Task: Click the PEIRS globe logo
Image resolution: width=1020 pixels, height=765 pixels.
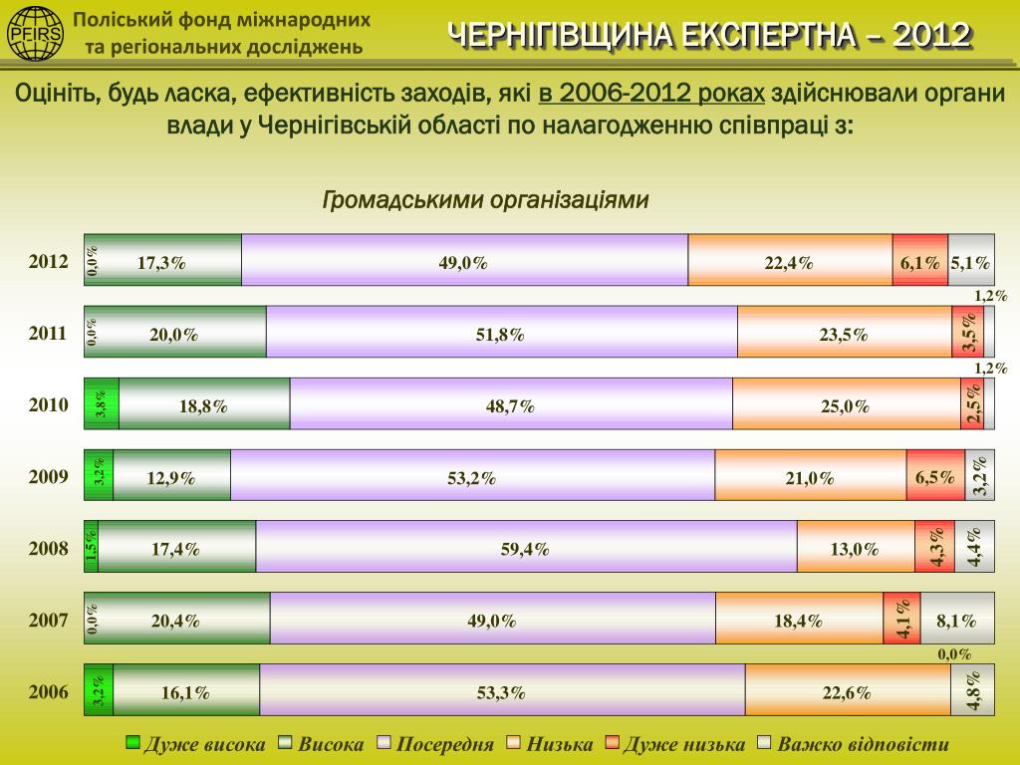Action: (35, 33)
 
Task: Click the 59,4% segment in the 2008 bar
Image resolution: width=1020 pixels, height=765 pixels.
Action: (526, 547)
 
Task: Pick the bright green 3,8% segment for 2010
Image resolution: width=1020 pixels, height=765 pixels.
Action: (102, 403)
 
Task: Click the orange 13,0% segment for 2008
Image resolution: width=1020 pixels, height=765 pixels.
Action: (856, 547)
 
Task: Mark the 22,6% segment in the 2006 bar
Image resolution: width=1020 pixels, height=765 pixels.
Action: (848, 690)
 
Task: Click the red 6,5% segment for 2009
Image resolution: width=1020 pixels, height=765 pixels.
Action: (935, 475)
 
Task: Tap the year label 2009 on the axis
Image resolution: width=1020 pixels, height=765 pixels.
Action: (49, 476)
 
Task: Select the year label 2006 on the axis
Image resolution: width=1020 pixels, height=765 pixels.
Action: (49, 691)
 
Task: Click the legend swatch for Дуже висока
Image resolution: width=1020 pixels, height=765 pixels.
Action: (132, 743)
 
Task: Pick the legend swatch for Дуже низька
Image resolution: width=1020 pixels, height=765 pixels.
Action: (613, 743)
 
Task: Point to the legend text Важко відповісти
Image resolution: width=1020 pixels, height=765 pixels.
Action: (863, 744)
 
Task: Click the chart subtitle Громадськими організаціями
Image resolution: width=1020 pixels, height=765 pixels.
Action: (486, 200)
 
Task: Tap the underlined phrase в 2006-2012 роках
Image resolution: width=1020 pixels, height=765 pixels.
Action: (651, 94)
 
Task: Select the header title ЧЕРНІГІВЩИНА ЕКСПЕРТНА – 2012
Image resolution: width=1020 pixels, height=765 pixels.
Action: (709, 36)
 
